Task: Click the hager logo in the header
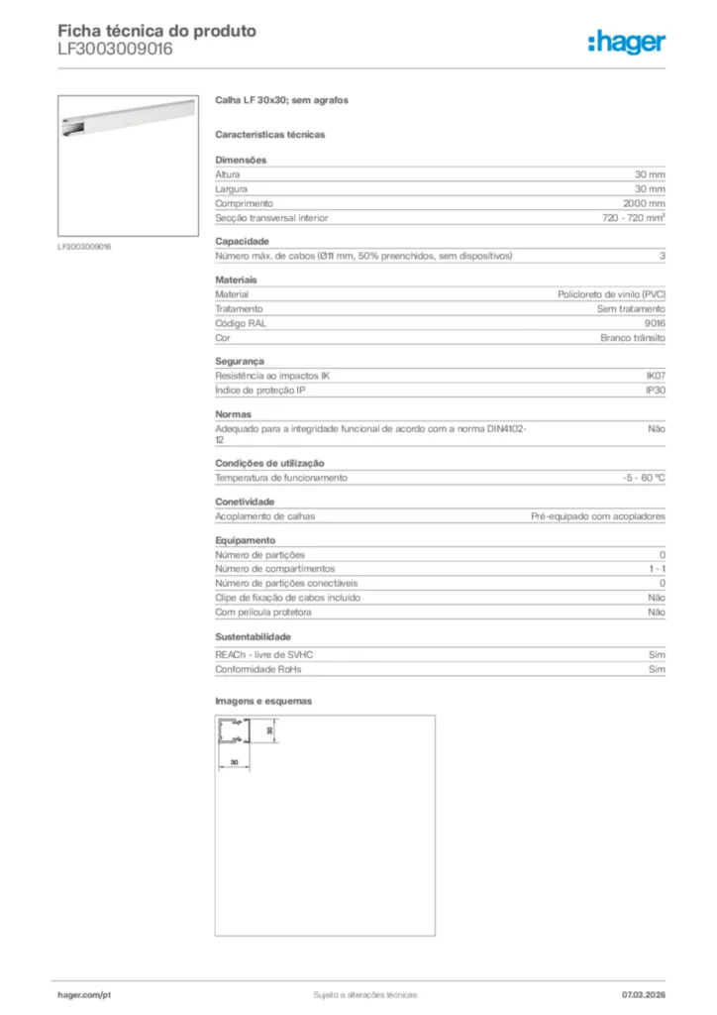point(626,42)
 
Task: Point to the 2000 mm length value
point(643,203)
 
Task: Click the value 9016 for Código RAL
point(655,323)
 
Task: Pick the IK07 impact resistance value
point(655,377)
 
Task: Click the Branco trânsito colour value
point(633,338)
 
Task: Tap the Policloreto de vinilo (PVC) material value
point(611,294)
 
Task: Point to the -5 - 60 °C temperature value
point(637,478)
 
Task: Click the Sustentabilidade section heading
point(254,636)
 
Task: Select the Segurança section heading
point(240,362)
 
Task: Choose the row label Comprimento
point(238,203)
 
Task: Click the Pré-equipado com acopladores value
point(598,516)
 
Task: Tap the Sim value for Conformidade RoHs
point(657,669)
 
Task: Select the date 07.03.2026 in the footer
point(643,994)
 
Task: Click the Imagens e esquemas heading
point(263,701)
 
